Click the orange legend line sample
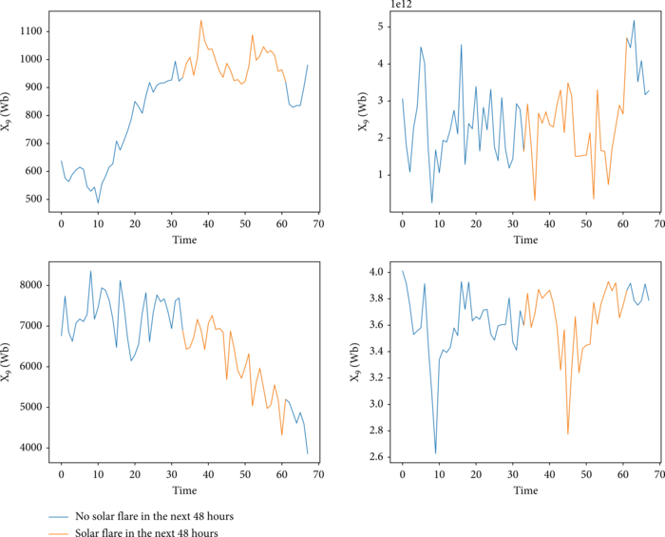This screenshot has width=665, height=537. [x=59, y=532]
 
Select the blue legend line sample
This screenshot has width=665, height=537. [x=59, y=516]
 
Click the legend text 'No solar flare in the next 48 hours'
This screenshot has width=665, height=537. [x=154, y=516]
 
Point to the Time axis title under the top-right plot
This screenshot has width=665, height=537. [x=525, y=241]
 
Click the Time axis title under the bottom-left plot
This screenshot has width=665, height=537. [x=184, y=490]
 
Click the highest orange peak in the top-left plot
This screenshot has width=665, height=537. [x=200, y=20]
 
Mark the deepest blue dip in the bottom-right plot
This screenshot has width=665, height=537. [x=436, y=453]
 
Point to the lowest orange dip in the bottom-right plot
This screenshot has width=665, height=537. [x=568, y=433]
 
